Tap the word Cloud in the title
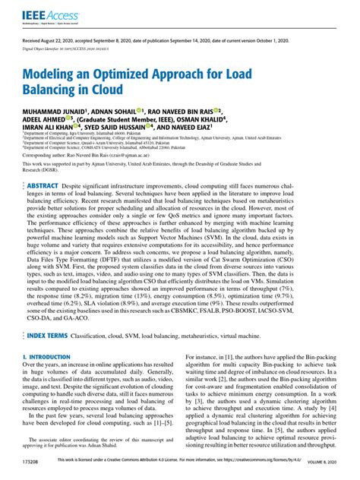tap(106, 91)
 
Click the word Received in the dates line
tap(35, 39)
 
